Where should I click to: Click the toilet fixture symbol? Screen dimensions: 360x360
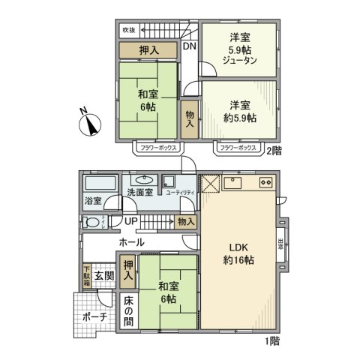pyautogui.click(x=92, y=222)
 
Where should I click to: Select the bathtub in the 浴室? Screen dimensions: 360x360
pyautogui.click(x=99, y=184)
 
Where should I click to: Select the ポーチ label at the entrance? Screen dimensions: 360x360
pyautogui.click(x=94, y=317)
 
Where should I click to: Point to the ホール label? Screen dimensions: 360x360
pyautogui.click(x=131, y=243)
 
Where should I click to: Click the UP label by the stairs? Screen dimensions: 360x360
pyautogui.click(x=130, y=222)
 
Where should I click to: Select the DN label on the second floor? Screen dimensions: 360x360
pyautogui.click(x=190, y=46)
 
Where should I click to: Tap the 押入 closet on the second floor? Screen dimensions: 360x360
pyautogui.click(x=148, y=50)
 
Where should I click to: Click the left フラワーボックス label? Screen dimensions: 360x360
pyautogui.click(x=157, y=148)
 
